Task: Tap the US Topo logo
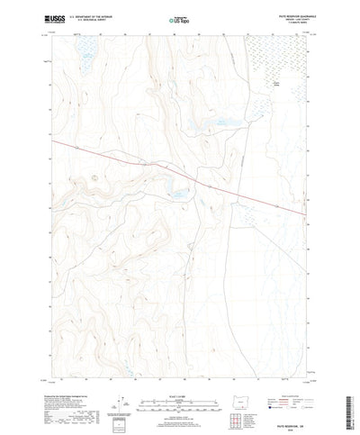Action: [180, 18]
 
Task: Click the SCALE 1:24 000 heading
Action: [180, 369]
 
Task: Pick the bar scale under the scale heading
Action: [180, 377]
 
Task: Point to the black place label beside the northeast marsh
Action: [289, 86]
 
